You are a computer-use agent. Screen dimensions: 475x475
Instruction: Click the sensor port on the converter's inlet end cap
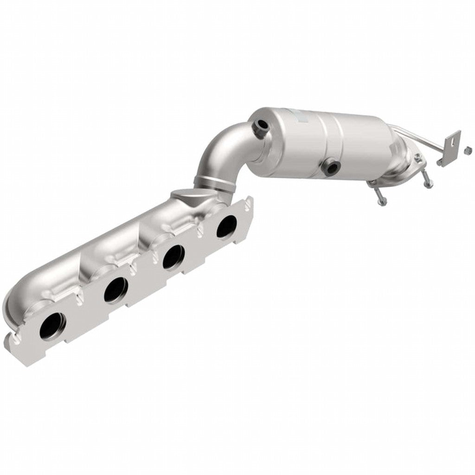261,125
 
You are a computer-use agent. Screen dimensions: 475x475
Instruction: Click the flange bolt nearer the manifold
379,195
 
